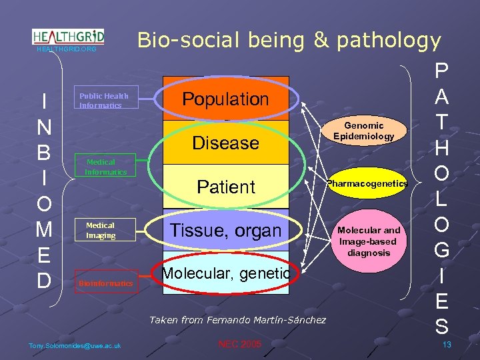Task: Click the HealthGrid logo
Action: [x=68, y=37]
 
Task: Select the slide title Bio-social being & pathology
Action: [x=289, y=41]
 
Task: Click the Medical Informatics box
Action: [x=105, y=167]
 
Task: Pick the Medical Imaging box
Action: [x=105, y=230]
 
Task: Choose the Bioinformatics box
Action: [x=106, y=283]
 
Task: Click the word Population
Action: [x=225, y=99]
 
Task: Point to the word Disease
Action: [x=225, y=143]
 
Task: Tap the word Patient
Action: [x=225, y=187]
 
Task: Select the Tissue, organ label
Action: [x=225, y=231]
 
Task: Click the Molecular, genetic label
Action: [x=225, y=273]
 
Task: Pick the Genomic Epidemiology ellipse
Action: [x=364, y=131]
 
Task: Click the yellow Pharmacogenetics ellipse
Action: [x=367, y=183]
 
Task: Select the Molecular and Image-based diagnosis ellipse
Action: [x=369, y=241]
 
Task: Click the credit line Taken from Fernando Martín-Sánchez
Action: [x=237, y=320]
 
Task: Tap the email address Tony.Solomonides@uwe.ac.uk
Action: [x=75, y=345]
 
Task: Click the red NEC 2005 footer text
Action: [x=240, y=344]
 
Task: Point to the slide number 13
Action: [x=447, y=344]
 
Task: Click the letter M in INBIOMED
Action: [x=44, y=230]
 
